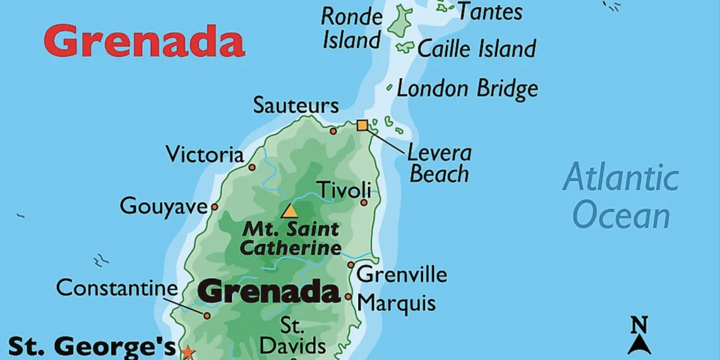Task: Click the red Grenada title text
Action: (144, 41)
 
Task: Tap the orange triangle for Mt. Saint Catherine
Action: (290, 211)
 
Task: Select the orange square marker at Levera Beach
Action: (362, 125)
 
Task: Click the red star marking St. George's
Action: (188, 352)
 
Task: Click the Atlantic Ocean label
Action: (620, 196)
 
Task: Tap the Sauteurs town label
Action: (296, 105)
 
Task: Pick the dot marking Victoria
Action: (252, 167)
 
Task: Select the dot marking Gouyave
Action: (215, 207)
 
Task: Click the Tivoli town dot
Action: (364, 202)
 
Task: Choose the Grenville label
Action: (402, 275)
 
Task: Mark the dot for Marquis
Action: (348, 296)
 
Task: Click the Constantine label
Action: (117, 288)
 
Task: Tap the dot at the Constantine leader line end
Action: (207, 315)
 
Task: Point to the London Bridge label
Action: (467, 89)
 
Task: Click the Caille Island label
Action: (477, 49)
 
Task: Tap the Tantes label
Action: (490, 11)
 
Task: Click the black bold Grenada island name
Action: (269, 292)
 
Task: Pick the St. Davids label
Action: (292, 336)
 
